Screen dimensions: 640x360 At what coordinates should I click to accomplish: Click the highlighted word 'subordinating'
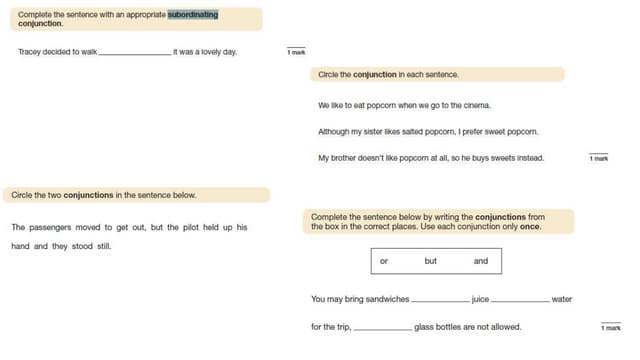193,14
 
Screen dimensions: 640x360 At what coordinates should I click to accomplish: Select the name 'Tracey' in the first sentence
31,52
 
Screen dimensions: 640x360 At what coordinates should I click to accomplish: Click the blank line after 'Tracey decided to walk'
135,53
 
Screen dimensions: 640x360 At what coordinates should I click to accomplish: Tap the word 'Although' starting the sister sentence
336,131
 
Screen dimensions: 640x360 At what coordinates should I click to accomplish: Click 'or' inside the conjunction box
383,261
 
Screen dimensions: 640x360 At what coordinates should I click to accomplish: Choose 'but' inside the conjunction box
431,261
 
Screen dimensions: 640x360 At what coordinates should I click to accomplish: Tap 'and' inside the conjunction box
481,261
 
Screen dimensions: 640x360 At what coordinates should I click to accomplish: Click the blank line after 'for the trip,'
382,327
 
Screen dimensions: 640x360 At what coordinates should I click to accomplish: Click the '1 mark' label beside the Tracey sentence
296,51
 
